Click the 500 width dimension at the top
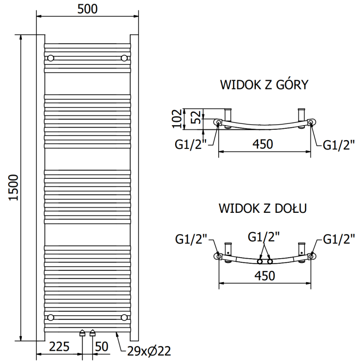(x=87, y=9)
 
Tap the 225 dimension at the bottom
(x=59, y=347)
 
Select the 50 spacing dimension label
(x=102, y=347)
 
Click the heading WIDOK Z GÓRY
(x=264, y=85)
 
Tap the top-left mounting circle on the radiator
(x=50, y=58)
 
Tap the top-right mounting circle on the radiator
(x=124, y=58)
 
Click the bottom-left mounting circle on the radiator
(x=50, y=317)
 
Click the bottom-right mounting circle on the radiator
(x=124, y=317)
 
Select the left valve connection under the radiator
(x=82, y=334)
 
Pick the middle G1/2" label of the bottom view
(x=264, y=236)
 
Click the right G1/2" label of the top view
(x=338, y=145)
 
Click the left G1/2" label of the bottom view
(x=191, y=238)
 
